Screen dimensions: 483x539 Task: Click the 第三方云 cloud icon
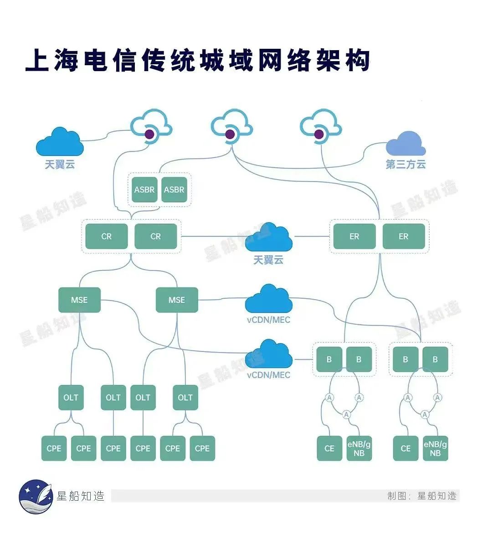coord(406,144)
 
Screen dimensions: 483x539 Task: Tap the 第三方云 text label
coord(406,164)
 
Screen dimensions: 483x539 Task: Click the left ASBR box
coord(144,189)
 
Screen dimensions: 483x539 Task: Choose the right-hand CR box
coord(156,236)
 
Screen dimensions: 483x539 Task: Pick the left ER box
coord(354,236)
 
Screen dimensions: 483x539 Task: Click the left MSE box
coord(79,300)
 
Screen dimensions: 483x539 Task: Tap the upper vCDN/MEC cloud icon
coord(269,299)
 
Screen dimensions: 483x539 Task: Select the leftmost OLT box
coord(71,397)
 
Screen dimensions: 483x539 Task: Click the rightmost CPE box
coord(202,448)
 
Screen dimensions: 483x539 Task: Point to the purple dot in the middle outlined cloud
coord(230,134)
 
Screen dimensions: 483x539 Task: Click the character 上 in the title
coord(37,61)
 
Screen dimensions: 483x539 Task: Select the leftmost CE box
coord(329,448)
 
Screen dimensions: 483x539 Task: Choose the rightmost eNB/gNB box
coord(435,448)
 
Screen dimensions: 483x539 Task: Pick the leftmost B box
coord(329,359)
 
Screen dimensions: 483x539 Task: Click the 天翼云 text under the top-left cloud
coord(60,164)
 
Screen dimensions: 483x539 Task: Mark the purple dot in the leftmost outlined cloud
coord(149,134)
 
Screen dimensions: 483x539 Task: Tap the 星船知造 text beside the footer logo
coord(80,496)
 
